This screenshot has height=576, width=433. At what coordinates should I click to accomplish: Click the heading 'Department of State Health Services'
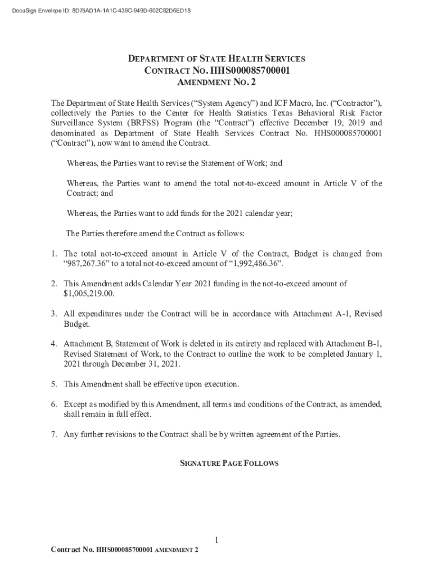pyautogui.click(x=216, y=58)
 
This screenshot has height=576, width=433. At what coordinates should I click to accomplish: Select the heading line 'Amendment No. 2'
pyautogui.click(x=216, y=83)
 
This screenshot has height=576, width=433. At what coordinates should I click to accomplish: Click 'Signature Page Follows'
pyautogui.click(x=229, y=463)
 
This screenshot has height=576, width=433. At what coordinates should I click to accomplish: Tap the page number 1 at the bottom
pyautogui.click(x=216, y=541)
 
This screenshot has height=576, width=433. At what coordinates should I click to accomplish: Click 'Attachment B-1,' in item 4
pyautogui.click(x=354, y=343)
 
